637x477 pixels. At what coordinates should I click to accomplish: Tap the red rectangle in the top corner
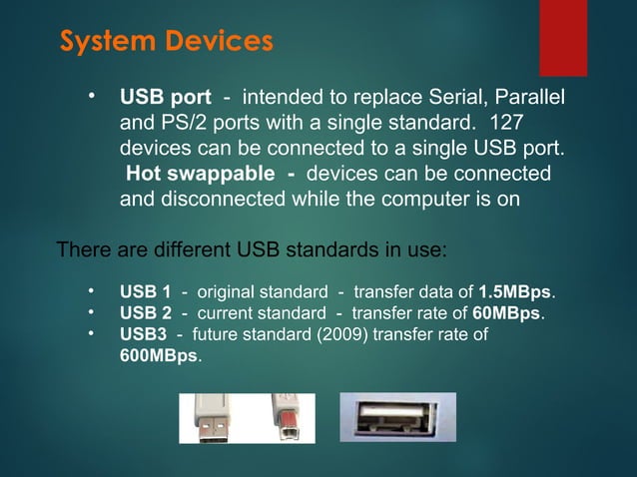(x=563, y=37)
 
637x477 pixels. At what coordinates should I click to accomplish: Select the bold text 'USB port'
(x=165, y=98)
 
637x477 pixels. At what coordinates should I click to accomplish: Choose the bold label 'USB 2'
(x=145, y=314)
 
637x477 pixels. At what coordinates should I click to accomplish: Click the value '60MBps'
(x=506, y=314)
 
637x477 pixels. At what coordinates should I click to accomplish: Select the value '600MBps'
(x=159, y=356)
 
